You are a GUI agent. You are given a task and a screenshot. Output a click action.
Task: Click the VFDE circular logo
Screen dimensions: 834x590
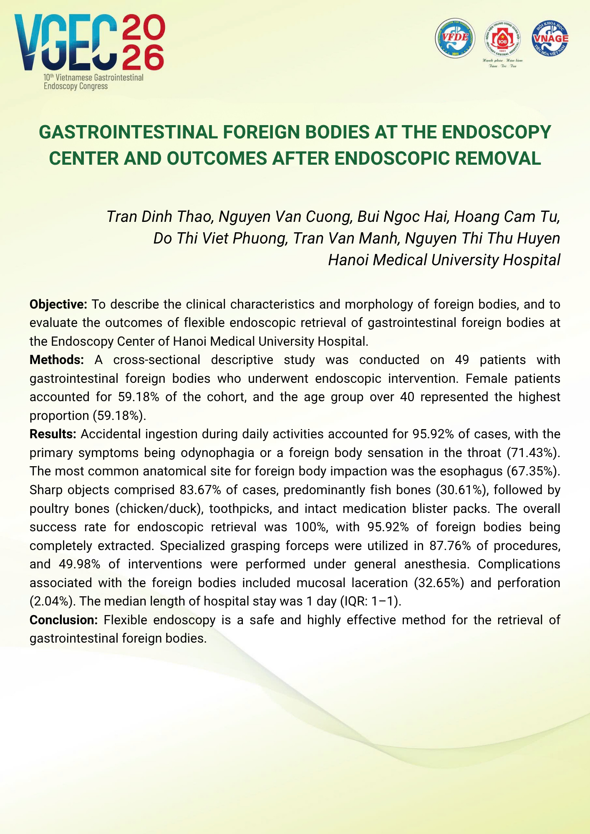455,38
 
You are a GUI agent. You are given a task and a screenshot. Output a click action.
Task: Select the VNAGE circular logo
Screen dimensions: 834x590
550,38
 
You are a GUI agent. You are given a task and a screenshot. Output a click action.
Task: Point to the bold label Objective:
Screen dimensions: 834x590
58,304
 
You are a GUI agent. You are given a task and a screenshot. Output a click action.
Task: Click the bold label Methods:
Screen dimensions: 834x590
57,360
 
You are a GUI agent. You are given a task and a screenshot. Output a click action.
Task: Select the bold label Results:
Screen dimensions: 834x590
53,434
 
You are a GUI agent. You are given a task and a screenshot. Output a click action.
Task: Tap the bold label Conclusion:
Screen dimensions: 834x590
63,620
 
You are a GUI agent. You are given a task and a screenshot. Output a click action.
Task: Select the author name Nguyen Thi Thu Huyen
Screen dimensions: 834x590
482,239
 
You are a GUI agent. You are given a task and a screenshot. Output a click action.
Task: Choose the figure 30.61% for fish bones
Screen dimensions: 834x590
461,490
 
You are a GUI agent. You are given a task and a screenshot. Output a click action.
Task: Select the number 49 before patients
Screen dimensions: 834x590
462,360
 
